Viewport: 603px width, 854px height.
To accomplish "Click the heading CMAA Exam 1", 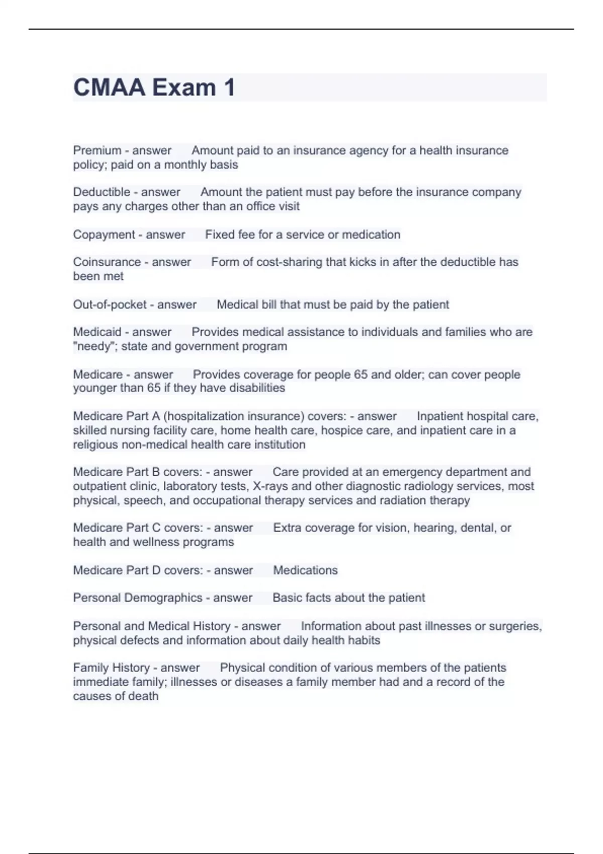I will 154,87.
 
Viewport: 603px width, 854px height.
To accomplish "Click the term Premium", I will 97,150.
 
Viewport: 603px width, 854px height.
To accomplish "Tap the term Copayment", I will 104,235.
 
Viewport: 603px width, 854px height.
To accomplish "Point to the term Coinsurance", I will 107,262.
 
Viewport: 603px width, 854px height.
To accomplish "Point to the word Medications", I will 305,570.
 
